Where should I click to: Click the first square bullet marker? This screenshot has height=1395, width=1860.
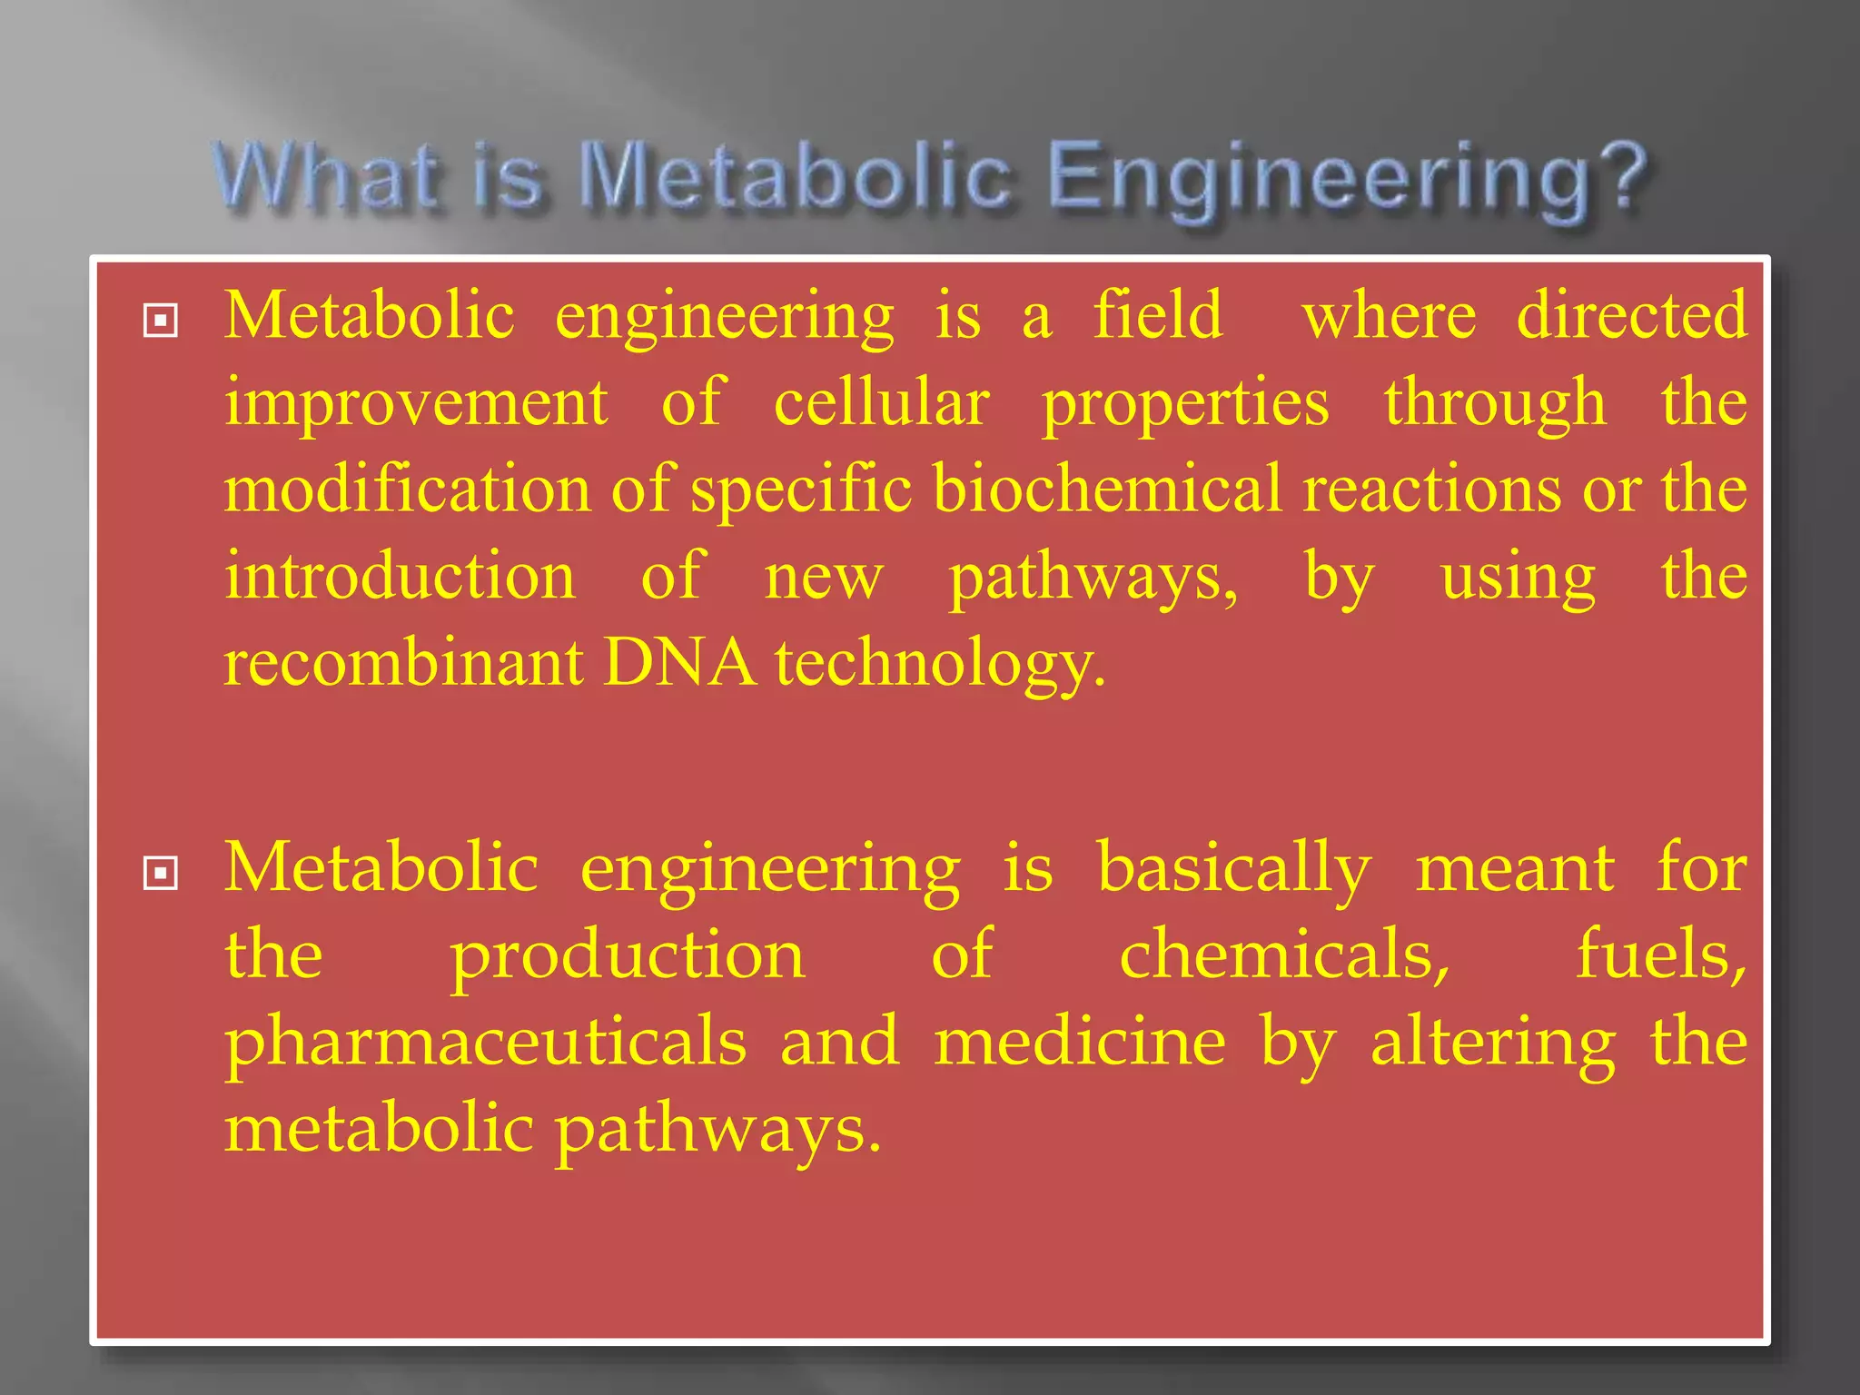click(161, 321)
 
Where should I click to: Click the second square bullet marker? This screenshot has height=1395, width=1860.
click(161, 874)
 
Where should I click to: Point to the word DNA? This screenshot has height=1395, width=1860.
click(679, 662)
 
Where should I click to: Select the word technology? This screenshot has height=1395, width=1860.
click(940, 664)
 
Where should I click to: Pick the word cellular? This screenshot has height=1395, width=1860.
click(881, 401)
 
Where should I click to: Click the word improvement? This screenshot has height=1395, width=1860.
click(416, 401)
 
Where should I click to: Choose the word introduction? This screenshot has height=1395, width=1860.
click(400, 576)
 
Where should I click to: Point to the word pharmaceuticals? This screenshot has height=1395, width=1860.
click(486, 1042)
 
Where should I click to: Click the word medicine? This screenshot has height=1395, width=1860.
click(1080, 1042)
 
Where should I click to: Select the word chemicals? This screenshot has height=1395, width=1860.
click(1284, 955)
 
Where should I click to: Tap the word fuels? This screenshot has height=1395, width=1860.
click(1661, 955)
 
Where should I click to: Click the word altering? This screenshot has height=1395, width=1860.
click(1493, 1044)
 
